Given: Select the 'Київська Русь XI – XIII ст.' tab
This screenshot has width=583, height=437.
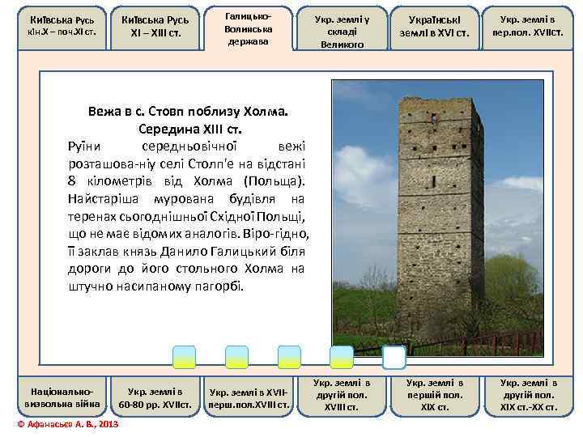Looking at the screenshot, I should [155, 25].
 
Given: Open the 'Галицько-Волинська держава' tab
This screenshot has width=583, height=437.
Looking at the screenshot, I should [249, 25].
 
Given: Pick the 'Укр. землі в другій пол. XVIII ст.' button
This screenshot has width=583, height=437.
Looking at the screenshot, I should [341, 394].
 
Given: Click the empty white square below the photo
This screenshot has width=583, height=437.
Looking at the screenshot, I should [394, 357].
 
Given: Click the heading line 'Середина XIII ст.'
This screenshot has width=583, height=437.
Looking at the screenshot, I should [190, 129].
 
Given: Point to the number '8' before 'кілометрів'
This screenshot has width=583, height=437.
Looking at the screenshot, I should [74, 180].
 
